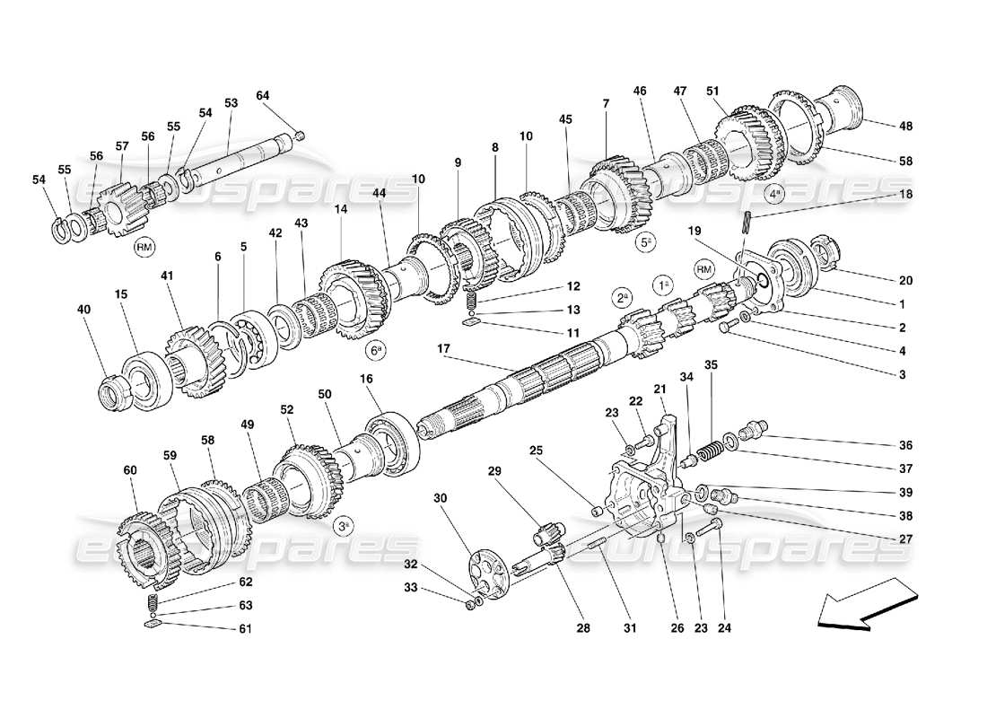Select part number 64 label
(262, 96)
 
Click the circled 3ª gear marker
(344, 526)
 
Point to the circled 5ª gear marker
(645, 241)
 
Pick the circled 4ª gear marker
(773, 192)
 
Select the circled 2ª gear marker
(622, 296)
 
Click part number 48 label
(905, 126)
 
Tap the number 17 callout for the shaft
(442, 348)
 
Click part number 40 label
(84, 310)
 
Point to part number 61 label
(246, 628)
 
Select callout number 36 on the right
(905, 445)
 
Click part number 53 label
(231, 104)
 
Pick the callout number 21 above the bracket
(659, 389)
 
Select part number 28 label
(584, 628)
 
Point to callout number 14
(341, 209)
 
